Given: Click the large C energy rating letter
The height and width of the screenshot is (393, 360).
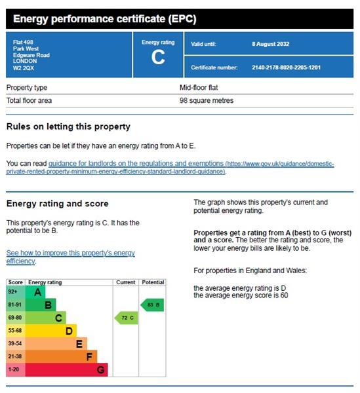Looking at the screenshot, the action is (158, 57).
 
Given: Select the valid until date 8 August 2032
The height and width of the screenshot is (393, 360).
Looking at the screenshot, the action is (270, 44).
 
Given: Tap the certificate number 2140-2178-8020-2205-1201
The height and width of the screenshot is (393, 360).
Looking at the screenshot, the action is (287, 67).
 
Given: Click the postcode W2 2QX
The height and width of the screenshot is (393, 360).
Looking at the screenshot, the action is (24, 68).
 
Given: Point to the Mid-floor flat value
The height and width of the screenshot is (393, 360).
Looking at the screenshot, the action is (199, 88).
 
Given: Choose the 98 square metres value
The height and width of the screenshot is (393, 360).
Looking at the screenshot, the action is (207, 100).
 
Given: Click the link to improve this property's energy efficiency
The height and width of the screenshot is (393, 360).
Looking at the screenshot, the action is (71, 257).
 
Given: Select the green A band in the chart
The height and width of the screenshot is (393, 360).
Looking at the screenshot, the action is (35, 292).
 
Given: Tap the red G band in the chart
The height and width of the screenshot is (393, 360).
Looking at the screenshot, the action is (66, 369).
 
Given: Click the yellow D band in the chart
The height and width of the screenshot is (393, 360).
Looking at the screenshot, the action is (51, 331).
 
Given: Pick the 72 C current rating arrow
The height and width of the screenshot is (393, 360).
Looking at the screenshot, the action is (126, 318).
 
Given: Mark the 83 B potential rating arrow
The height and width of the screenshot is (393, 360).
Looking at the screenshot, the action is (152, 305).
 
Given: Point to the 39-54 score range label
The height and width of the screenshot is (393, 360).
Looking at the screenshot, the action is (15, 343).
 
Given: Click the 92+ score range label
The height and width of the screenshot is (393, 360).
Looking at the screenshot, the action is (13, 291).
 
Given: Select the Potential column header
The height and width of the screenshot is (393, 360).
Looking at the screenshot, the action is (153, 282).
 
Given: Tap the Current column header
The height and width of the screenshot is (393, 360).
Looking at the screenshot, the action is (126, 282).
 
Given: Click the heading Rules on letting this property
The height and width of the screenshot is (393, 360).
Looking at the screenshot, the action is (68, 127).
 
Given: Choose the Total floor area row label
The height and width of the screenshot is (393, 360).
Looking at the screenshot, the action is (29, 100).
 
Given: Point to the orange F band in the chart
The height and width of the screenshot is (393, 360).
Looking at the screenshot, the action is (61, 357).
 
